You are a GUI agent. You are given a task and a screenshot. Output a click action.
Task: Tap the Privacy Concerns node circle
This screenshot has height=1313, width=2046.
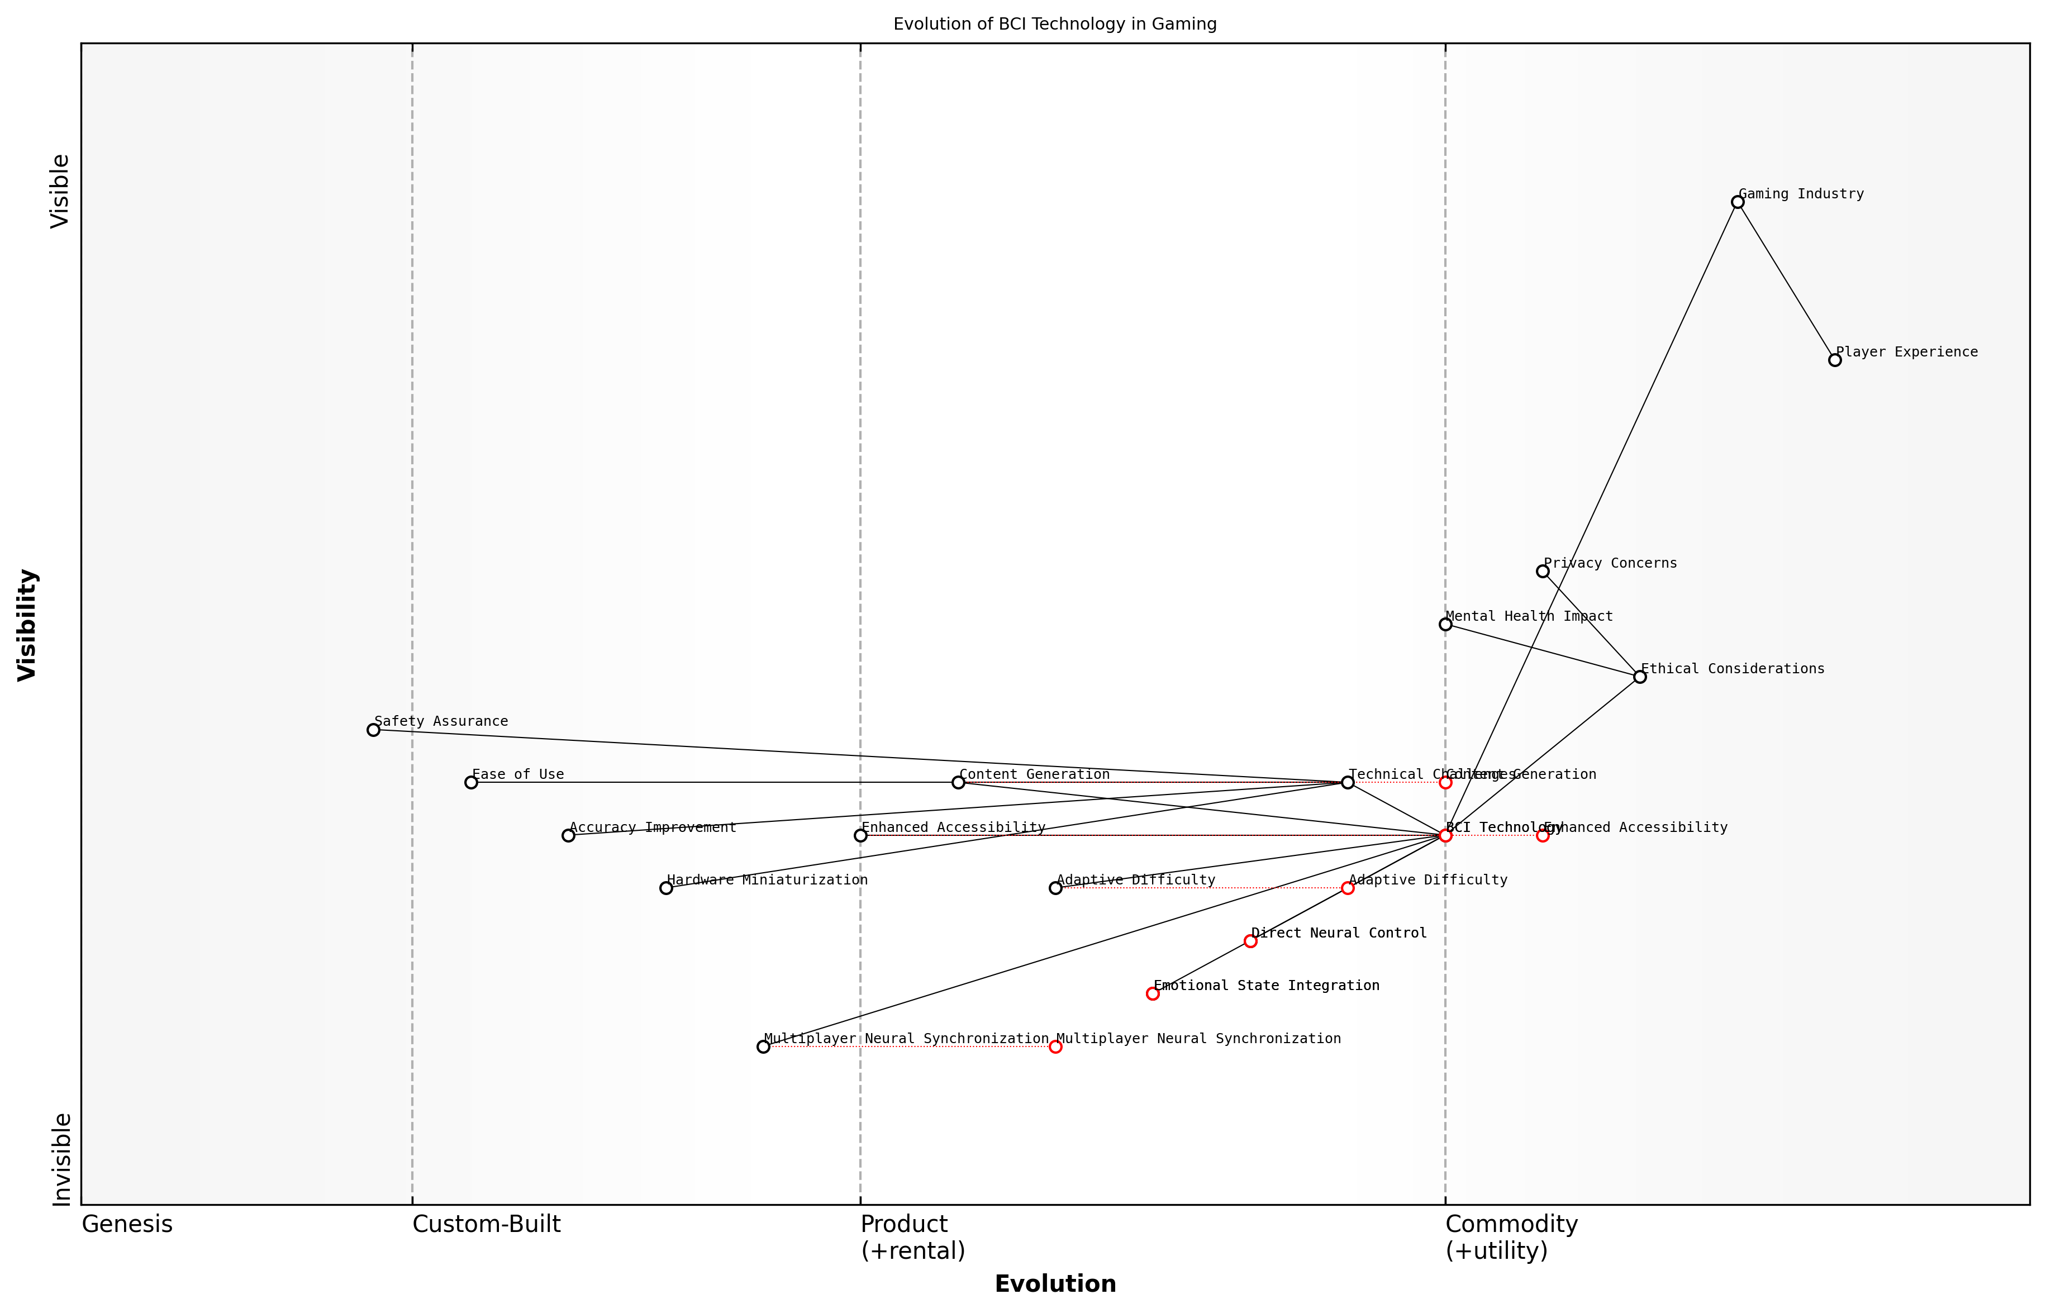[x=1542, y=571]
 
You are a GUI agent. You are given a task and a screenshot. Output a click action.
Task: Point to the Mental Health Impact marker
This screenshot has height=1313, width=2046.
[x=1445, y=624]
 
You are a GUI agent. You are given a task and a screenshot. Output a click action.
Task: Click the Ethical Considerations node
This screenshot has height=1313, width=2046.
[x=1639, y=677]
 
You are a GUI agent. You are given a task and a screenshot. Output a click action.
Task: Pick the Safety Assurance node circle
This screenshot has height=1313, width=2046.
[x=373, y=730]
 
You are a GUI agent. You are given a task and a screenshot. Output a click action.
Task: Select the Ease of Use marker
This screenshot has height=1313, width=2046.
[x=470, y=782]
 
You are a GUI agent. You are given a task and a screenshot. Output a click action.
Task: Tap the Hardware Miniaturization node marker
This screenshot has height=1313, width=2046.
[x=666, y=888]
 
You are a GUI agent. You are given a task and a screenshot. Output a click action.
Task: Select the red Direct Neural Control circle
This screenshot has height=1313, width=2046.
[x=1250, y=941]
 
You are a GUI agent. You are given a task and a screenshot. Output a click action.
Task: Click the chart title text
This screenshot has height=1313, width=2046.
[x=1054, y=24]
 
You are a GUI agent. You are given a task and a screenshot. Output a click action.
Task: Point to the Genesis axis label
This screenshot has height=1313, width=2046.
[x=127, y=1224]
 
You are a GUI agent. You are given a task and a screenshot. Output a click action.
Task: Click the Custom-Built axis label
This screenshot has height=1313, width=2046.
[x=486, y=1224]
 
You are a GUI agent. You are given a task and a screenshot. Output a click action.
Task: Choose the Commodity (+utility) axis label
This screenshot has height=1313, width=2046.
[x=1511, y=1237]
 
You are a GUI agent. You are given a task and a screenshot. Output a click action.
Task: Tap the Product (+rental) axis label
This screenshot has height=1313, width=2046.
[x=912, y=1237]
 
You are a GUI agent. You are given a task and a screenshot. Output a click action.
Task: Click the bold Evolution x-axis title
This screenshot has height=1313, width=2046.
[x=1054, y=1284]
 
